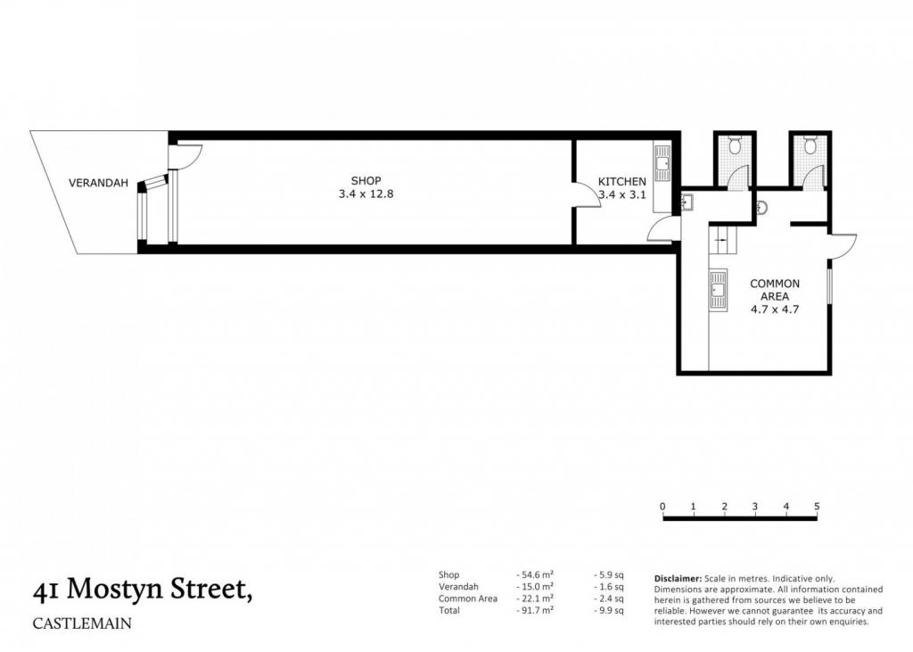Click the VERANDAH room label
point(98,183)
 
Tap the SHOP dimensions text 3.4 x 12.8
point(366,194)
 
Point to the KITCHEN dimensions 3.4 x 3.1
point(621,194)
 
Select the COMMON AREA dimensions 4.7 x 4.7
point(775,309)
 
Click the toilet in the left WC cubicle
point(735,144)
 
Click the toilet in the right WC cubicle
point(810,144)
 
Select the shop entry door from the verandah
point(185,157)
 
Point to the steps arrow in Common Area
point(722,239)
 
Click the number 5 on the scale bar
point(817,507)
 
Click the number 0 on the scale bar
point(662,507)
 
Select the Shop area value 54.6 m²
point(535,574)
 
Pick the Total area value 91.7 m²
point(535,610)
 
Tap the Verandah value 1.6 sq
point(608,587)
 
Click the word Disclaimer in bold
point(678,579)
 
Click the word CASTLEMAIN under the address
point(82,623)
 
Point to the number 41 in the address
point(45,590)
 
